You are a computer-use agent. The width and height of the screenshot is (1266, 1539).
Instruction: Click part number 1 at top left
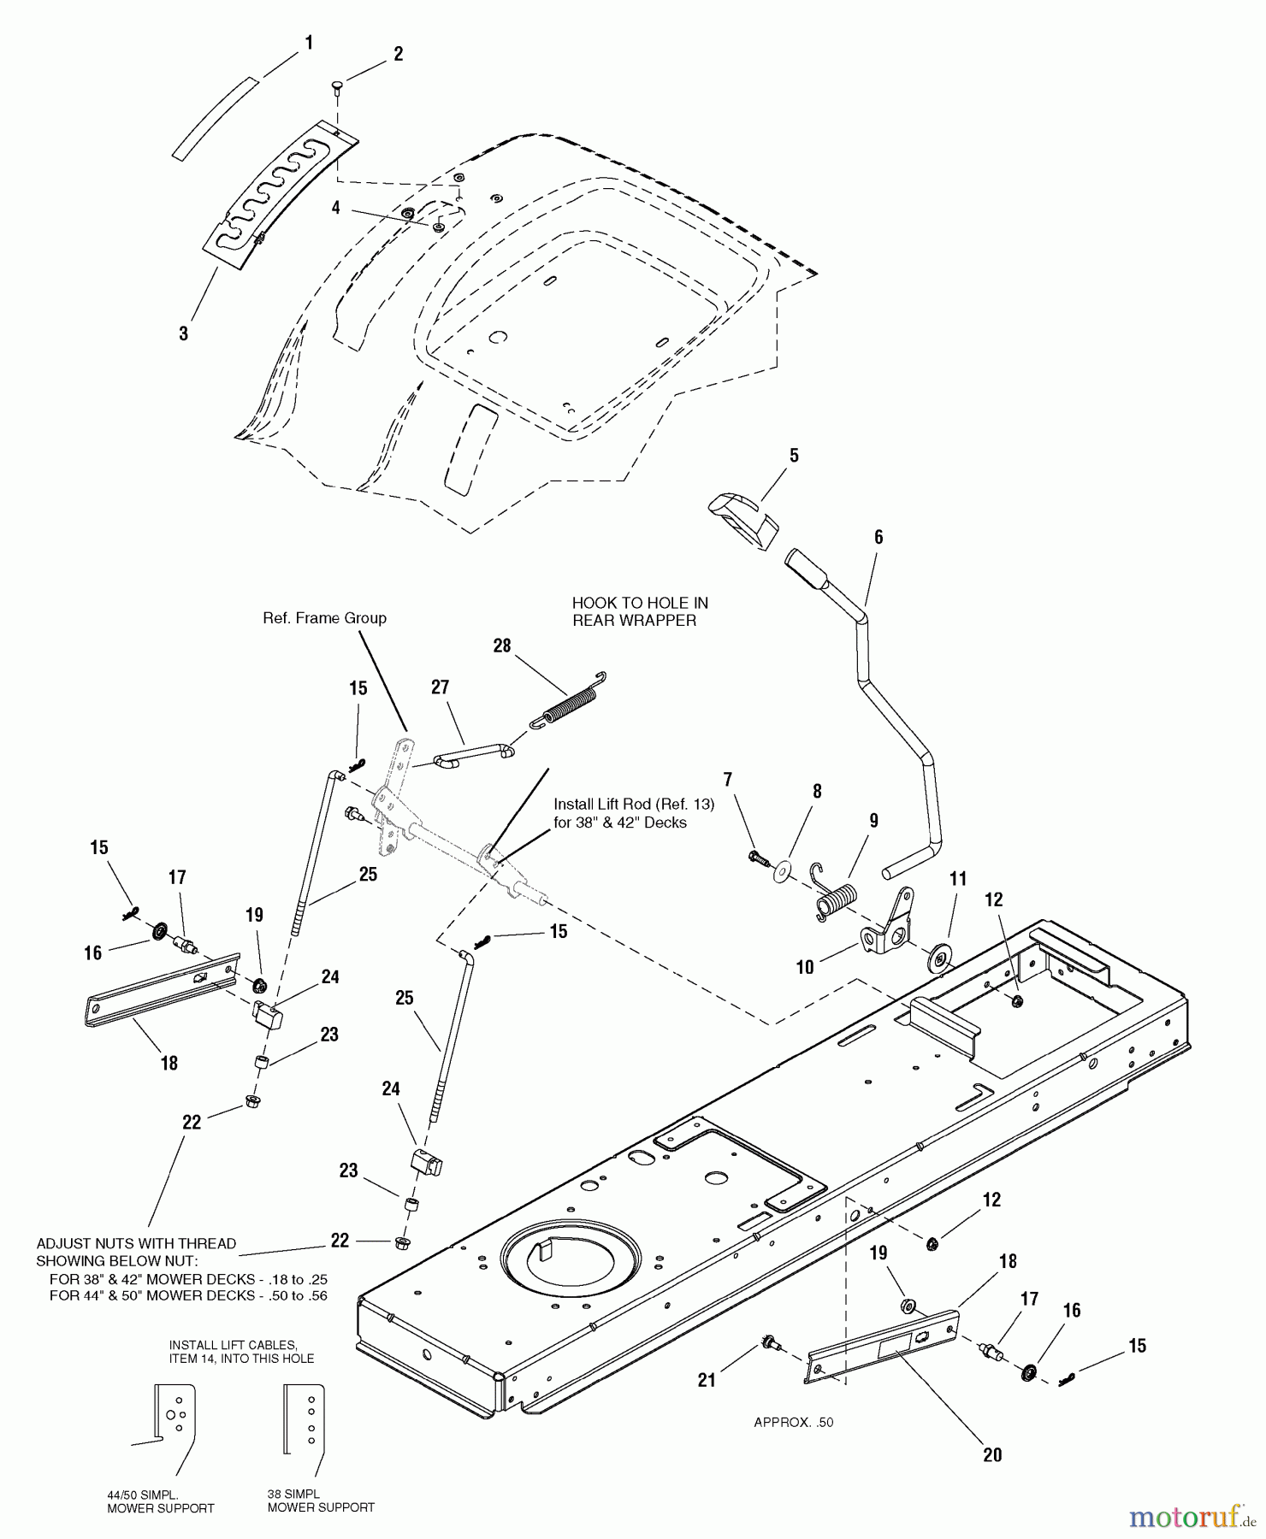pos(309,43)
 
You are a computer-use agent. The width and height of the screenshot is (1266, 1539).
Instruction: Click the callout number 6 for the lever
pos(878,538)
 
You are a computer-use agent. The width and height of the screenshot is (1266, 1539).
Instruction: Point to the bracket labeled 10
pos(890,929)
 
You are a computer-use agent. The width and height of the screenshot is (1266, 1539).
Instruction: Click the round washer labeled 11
pos(938,957)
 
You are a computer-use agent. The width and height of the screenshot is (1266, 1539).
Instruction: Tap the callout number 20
pos(992,1455)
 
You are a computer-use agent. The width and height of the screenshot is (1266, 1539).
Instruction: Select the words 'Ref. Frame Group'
pos(324,618)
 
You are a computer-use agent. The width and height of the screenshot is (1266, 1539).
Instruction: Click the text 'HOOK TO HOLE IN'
pos(640,603)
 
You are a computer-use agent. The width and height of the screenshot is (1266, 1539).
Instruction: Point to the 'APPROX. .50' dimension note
pos(793,1423)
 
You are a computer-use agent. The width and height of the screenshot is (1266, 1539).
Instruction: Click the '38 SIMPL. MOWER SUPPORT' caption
pos(321,1501)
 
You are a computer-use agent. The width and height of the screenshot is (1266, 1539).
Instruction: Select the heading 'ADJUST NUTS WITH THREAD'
pos(136,1244)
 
